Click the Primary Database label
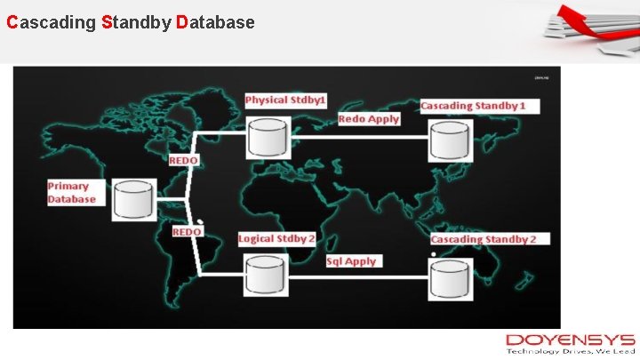pos(71,193)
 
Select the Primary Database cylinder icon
pos(135,200)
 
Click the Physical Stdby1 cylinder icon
pos(268,136)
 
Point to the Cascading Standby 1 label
pos(479,106)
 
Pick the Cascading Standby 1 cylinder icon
pos(451,140)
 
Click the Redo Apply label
pos(369,119)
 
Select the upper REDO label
pos(184,160)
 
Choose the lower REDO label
pos(187,232)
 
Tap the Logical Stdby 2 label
pos(277,239)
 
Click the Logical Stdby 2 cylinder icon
pos(266,275)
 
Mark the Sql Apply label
pos(352,261)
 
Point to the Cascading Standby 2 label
pos(490,239)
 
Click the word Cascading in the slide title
pos(51,21)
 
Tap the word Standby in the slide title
pos(136,21)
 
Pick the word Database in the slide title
pos(216,21)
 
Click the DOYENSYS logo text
pos(570,340)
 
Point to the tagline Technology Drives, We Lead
pos(570,352)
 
